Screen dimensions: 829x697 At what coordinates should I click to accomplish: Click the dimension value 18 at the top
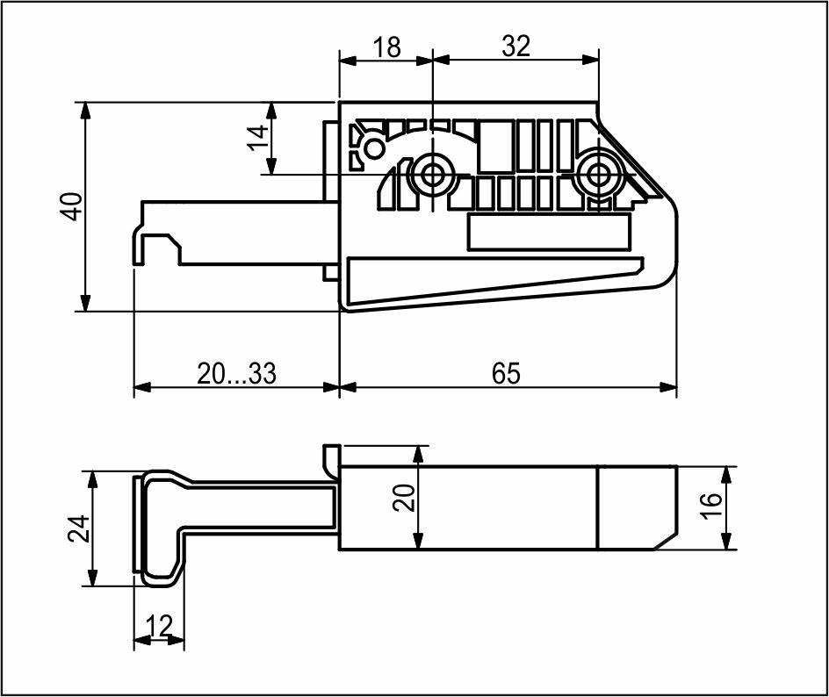[387, 47]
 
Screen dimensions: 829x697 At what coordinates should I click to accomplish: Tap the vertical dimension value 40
[72, 206]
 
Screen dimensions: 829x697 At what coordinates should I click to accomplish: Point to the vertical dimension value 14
[259, 138]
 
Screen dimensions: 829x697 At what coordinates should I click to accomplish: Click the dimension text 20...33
[236, 374]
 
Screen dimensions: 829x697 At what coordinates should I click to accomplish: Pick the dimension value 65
[506, 374]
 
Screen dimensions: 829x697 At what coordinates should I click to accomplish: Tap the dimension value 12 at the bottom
[159, 626]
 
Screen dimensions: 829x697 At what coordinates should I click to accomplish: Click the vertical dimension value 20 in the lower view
[405, 498]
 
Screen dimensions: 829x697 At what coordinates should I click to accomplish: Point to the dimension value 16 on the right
[712, 506]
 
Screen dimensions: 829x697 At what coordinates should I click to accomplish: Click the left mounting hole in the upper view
[432, 174]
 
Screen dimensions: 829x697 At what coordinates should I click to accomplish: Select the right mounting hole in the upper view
[598, 174]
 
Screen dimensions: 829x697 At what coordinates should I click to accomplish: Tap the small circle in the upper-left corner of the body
[375, 148]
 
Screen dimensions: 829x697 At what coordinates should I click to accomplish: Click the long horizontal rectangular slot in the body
[550, 232]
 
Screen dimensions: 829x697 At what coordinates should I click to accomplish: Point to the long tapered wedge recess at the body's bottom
[495, 281]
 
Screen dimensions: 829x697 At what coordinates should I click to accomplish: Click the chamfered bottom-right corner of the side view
[665, 541]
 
